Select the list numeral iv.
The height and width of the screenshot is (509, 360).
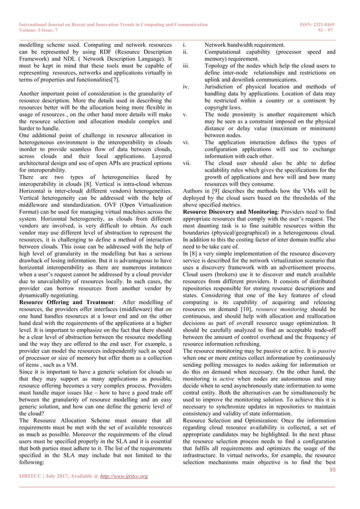(186, 87)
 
